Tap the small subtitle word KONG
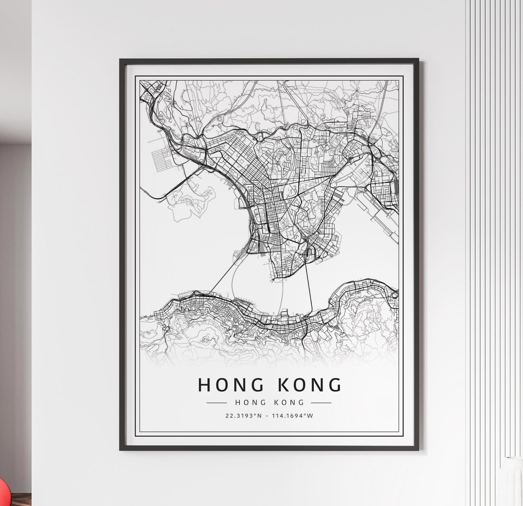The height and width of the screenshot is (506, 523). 289,402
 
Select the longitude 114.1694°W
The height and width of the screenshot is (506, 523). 293,416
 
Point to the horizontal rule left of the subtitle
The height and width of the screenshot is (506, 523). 216,402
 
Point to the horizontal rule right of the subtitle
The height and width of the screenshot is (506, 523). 321,402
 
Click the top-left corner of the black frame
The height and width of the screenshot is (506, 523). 121,60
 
